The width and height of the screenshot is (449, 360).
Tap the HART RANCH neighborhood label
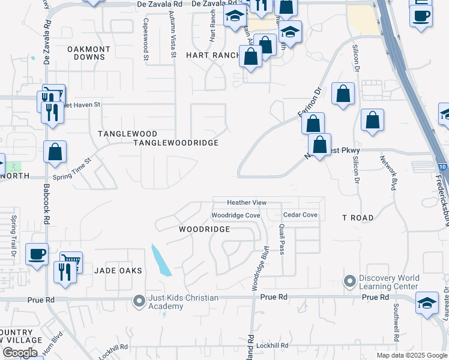212,55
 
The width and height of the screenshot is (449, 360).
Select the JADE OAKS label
118,271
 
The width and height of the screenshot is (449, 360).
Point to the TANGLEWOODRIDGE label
175,143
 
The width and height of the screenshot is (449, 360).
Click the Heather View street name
246,203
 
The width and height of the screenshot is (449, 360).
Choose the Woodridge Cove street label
235,215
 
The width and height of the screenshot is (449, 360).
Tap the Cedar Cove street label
300,215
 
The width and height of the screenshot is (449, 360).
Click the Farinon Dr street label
309,103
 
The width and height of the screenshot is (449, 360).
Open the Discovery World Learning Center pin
349,281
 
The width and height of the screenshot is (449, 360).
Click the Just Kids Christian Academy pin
139,301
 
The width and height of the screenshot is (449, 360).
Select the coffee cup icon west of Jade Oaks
37,254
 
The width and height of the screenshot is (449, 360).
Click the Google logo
20,353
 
